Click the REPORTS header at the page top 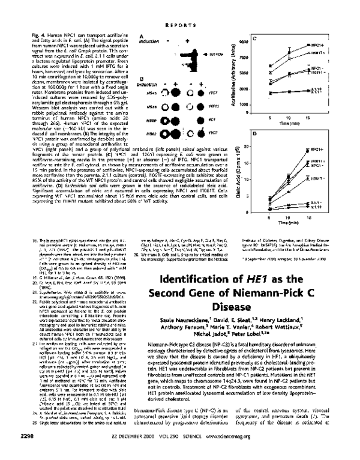coord(179,25)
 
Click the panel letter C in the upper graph coord(254,40)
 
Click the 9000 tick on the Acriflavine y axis coord(244,42)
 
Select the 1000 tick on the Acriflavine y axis coord(244,104)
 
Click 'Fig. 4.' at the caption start coord(37,37)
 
